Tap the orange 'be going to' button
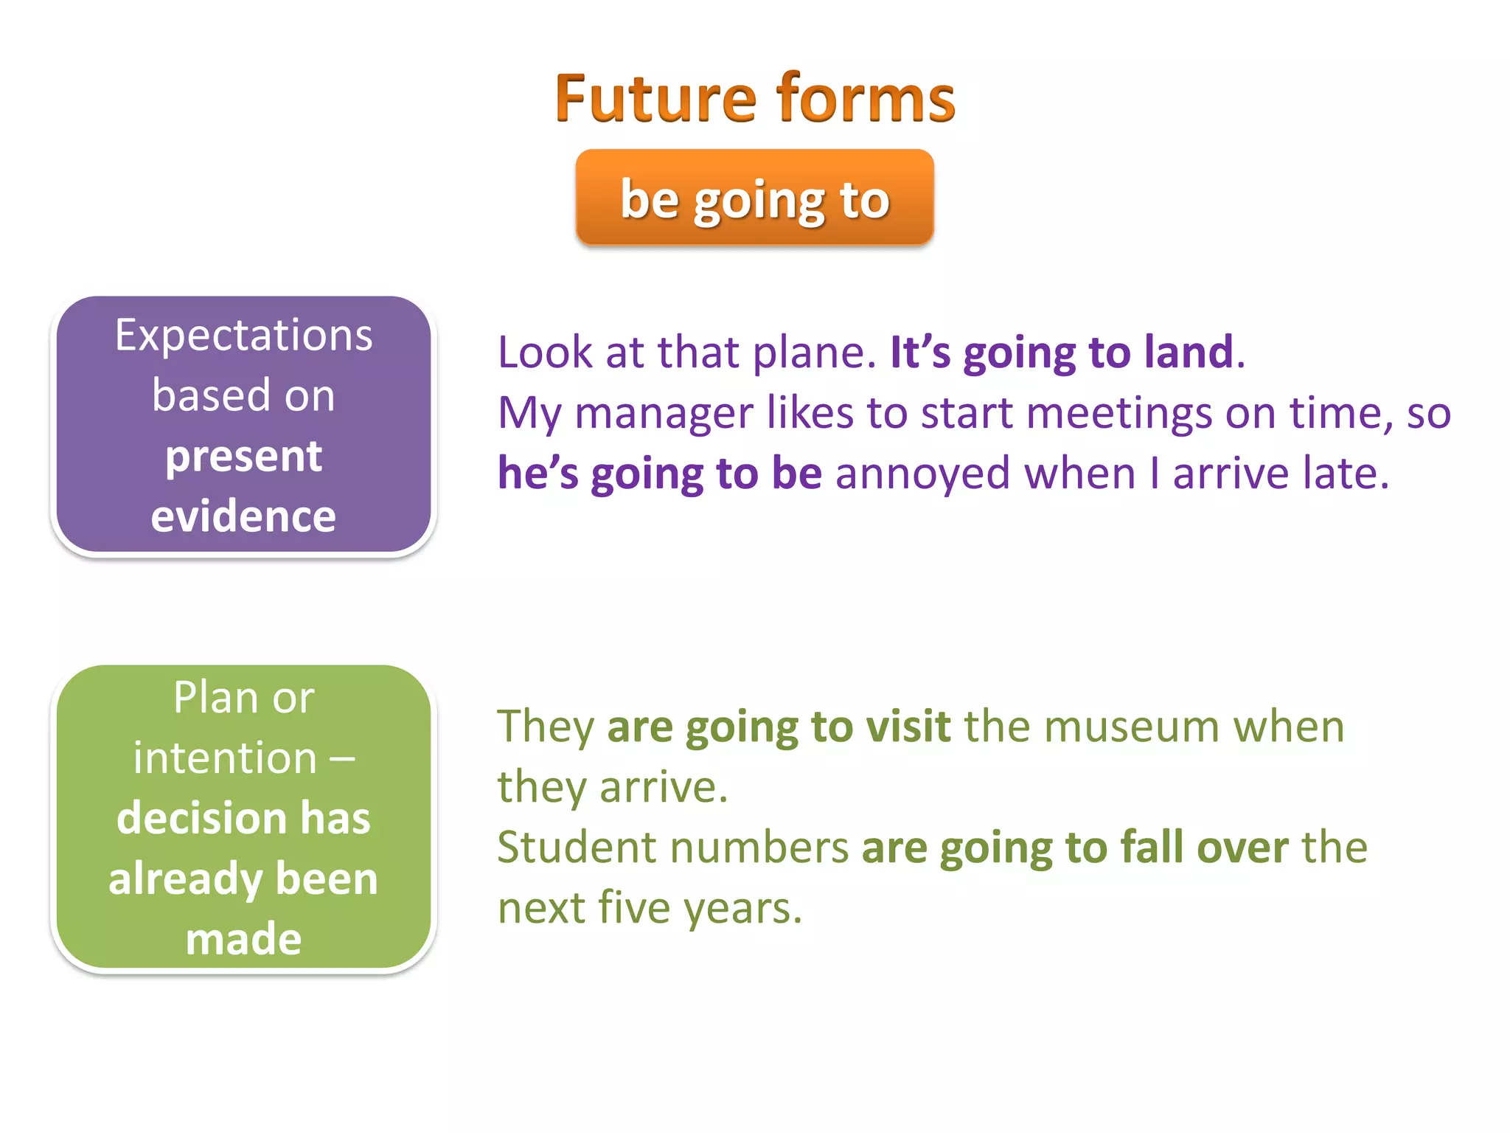pyautogui.click(x=754, y=198)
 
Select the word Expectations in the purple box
pyautogui.click(x=243, y=336)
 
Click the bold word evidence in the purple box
pyautogui.click(x=243, y=516)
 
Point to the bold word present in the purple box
pyautogui.click(x=243, y=457)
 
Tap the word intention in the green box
pyautogui.click(x=225, y=758)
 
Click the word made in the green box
pyautogui.click(x=243, y=939)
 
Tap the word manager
pyautogui.click(x=664, y=414)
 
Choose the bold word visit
pyautogui.click(x=908, y=727)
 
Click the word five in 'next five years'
pyautogui.click(x=627, y=907)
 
